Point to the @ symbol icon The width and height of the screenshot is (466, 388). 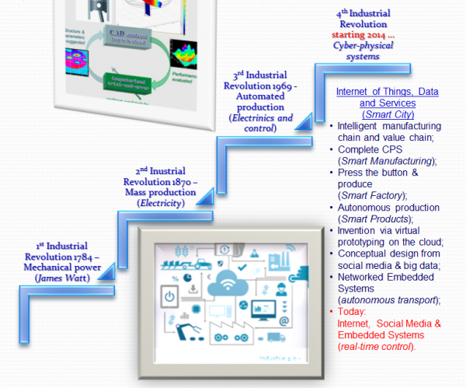coord(283,321)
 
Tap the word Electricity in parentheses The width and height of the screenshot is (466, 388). coord(161,203)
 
